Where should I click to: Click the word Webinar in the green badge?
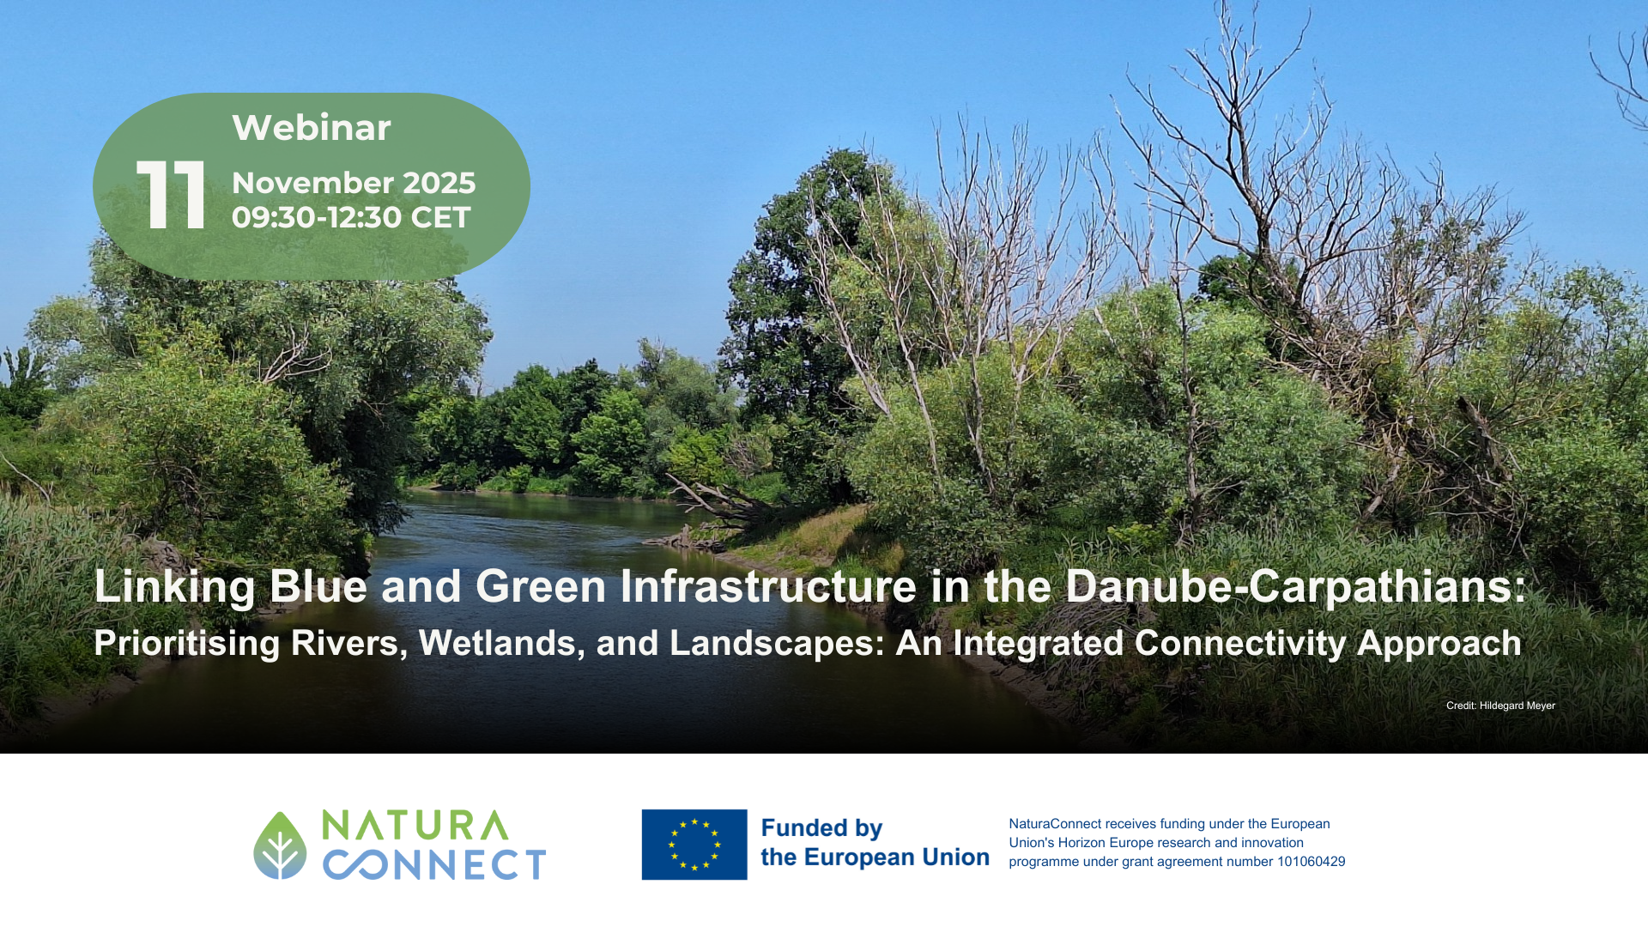click(x=312, y=127)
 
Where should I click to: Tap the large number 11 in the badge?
click(x=171, y=195)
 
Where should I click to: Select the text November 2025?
click(x=354, y=182)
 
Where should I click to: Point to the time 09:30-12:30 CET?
click(x=351, y=217)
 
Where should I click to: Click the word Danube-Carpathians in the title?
click(x=1296, y=586)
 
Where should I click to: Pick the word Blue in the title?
click(x=318, y=586)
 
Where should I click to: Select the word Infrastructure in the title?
click(x=769, y=586)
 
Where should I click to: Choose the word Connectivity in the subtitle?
click(x=1240, y=644)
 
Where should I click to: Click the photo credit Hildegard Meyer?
click(x=1517, y=706)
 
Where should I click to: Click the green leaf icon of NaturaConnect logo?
click(x=280, y=845)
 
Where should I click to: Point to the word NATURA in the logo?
click(x=415, y=825)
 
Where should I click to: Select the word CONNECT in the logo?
click(x=434, y=864)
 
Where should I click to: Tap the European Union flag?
click(x=694, y=845)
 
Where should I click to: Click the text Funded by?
click(x=821, y=828)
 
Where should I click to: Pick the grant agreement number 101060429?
click(x=1311, y=862)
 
